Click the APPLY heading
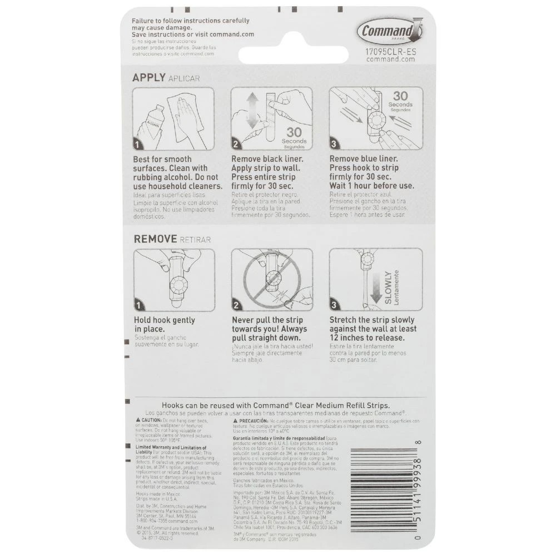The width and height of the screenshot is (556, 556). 148,78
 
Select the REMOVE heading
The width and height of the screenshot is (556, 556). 154,239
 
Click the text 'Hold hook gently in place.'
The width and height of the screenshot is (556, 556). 165,325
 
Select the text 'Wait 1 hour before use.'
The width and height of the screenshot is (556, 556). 371,186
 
